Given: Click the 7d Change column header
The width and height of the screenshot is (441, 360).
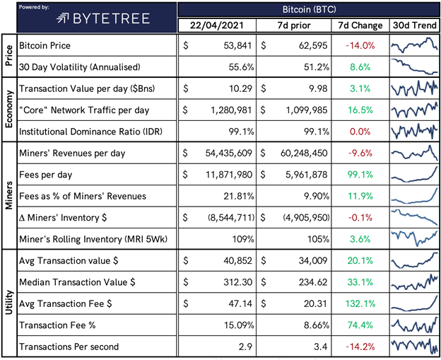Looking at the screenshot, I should [359, 25].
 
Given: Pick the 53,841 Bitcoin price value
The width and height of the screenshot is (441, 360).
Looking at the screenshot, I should [230, 45].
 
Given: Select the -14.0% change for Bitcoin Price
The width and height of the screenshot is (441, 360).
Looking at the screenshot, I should [359, 45].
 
